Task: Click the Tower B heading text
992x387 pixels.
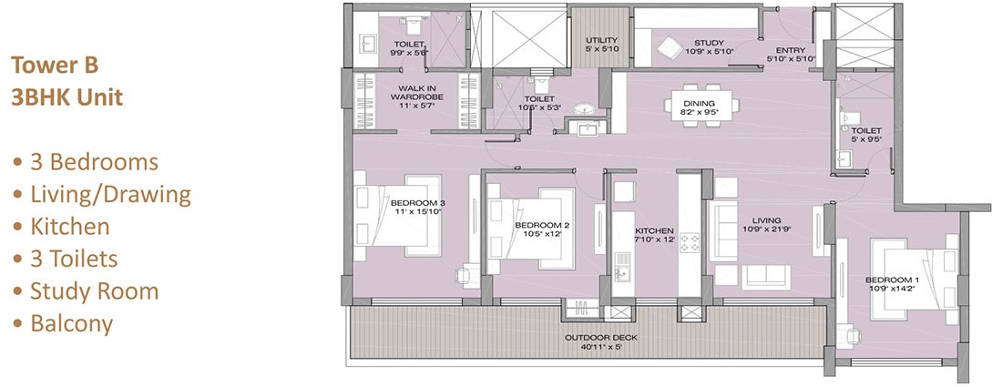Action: point(54,66)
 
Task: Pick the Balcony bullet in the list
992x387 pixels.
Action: point(71,323)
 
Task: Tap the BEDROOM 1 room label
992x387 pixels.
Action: point(889,279)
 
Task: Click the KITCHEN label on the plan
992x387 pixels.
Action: point(654,230)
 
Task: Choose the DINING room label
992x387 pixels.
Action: point(700,104)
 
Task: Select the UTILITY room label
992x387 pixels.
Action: point(602,40)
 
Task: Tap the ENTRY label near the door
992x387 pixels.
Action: point(791,51)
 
